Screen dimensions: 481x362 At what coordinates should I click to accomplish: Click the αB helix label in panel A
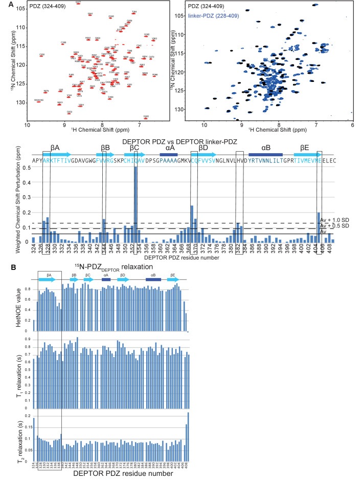pos(266,148)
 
